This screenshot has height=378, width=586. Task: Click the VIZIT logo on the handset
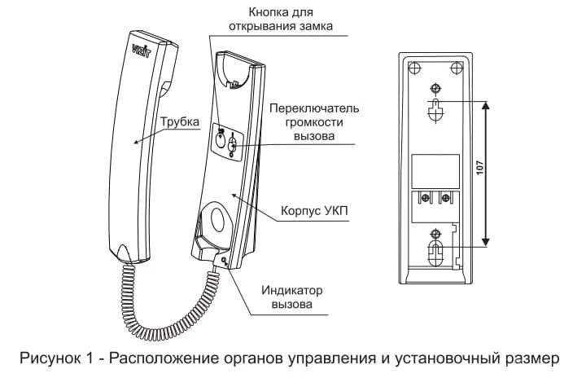point(142,51)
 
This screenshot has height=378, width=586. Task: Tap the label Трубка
point(180,121)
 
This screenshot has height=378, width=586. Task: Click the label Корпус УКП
point(314,211)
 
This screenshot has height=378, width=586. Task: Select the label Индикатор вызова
point(292,297)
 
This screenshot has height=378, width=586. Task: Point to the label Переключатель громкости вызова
point(314,122)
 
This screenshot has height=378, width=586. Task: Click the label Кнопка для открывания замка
point(280,19)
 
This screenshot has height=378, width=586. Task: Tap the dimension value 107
point(480,167)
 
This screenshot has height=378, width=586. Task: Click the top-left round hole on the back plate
point(414,68)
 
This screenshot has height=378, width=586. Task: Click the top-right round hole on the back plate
point(457,68)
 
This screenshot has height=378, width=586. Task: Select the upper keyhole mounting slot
point(435,110)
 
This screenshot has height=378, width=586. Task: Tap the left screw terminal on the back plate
point(425,198)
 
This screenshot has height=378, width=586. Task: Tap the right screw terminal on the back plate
point(445,198)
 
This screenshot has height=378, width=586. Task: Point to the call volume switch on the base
point(233,144)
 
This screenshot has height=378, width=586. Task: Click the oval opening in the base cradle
point(217,218)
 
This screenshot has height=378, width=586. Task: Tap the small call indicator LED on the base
point(224,260)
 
